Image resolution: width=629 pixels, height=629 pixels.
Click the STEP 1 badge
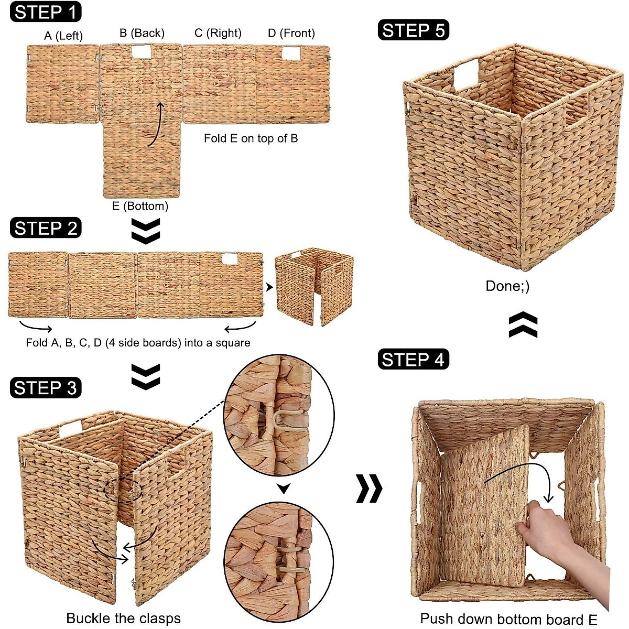[46, 12]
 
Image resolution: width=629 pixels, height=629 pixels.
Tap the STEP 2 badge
[46, 228]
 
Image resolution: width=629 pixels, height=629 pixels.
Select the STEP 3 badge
[46, 387]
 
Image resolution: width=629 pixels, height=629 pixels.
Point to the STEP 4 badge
[413, 360]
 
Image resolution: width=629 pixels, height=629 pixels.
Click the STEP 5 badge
[413, 30]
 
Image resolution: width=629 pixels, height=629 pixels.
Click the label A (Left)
[63, 36]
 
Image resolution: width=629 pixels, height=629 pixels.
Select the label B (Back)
[142, 33]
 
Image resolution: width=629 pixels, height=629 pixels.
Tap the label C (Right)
[218, 33]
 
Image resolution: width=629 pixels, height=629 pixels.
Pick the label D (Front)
[291, 33]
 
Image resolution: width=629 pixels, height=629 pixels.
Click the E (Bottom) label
[140, 206]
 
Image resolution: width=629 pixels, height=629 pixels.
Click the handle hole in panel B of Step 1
[141, 51]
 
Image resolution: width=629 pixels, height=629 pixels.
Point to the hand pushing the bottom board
[556, 535]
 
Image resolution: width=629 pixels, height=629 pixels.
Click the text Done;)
[507, 286]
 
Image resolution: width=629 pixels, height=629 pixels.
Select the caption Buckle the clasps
[123, 618]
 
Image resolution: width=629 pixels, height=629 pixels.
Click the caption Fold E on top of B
[251, 138]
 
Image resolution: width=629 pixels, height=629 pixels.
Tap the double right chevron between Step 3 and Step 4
[369, 489]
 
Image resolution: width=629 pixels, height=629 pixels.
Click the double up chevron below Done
[523, 325]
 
